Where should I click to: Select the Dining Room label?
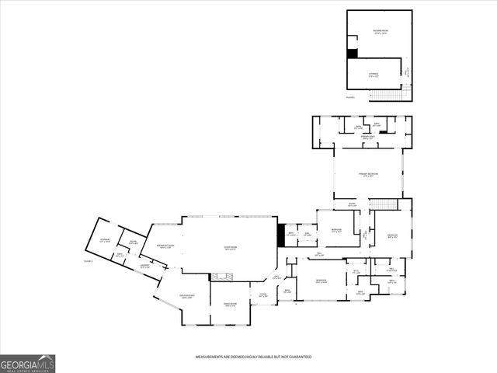click(230, 305)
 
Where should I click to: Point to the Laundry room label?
click(144, 267)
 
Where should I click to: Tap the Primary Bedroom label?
click(368, 176)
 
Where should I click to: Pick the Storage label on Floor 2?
click(373, 75)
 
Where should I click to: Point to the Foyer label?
click(263, 296)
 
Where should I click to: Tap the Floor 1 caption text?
click(88, 261)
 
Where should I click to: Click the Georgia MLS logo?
click(28, 363)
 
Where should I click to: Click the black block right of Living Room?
click(282, 235)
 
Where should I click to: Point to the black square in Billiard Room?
click(352, 54)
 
